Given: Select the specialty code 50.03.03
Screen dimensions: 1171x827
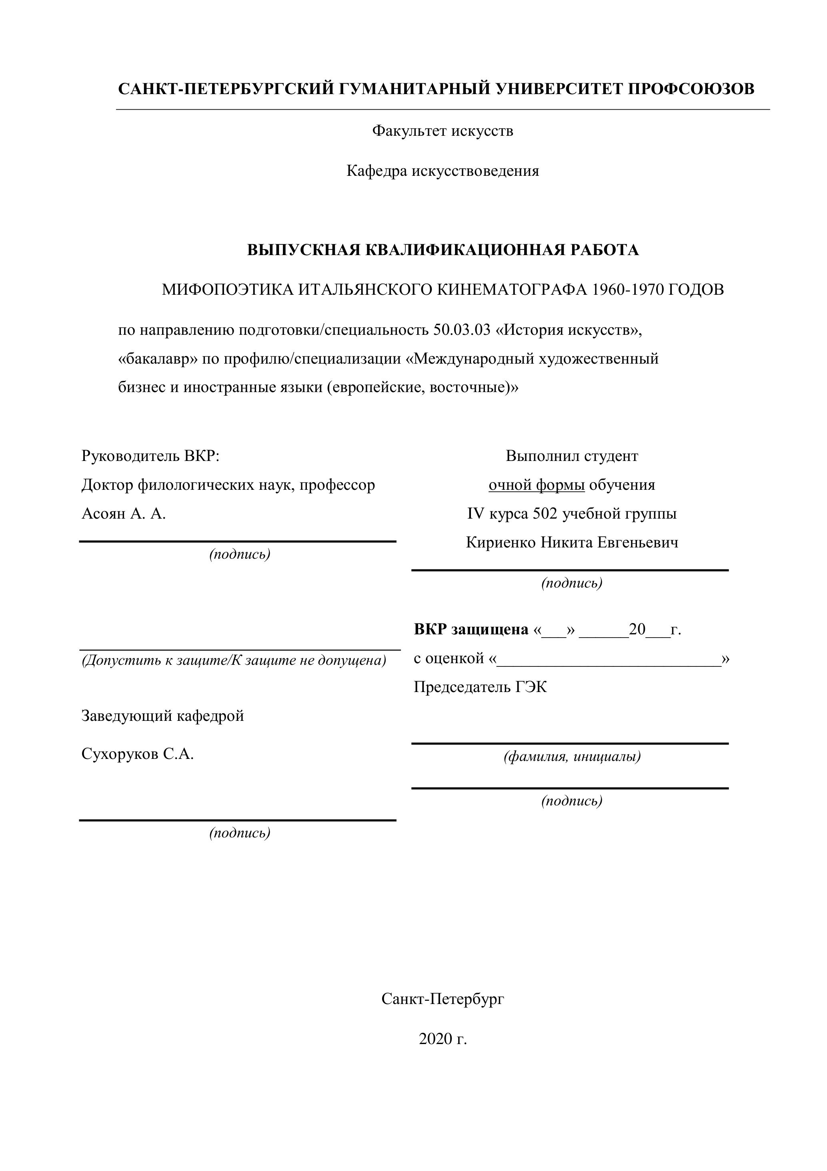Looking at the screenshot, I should [462, 330].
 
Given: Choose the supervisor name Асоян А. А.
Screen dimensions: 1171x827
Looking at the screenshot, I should [124, 513].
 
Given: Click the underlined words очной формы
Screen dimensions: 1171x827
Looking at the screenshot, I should [536, 485].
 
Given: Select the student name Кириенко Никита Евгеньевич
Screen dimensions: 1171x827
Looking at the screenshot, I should [572, 543].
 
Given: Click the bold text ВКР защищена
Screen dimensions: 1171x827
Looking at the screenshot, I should [471, 630].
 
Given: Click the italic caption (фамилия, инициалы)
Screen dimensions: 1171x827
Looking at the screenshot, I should [572, 757].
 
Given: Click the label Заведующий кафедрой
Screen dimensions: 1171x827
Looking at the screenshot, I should [162, 716].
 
